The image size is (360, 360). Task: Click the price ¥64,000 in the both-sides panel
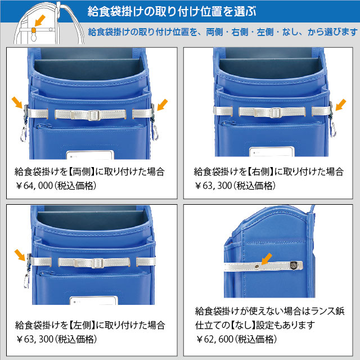click(34, 186)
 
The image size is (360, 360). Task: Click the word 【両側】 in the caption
click(82, 172)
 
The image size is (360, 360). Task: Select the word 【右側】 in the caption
click(261, 172)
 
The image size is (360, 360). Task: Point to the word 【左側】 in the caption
click(82, 325)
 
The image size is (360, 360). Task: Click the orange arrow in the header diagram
click(40, 21)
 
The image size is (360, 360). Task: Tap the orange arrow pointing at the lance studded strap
click(266, 259)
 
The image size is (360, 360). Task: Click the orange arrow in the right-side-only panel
click(341, 105)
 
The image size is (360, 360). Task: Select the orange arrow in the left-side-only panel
click(20, 255)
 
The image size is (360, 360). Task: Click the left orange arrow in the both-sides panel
click(17, 102)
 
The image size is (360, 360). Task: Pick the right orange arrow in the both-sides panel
click(163, 105)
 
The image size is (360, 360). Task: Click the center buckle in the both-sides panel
click(94, 115)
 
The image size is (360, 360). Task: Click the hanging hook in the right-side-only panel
click(333, 129)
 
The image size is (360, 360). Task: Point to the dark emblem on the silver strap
click(294, 265)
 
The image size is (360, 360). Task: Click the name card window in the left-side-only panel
click(94, 300)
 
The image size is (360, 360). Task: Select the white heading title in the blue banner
click(172, 11)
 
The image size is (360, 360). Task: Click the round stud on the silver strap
click(257, 266)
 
